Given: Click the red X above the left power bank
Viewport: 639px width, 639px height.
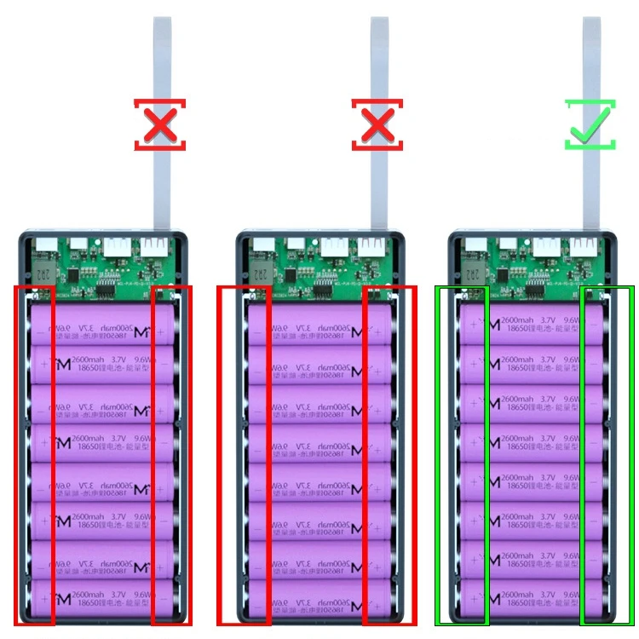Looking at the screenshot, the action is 159,125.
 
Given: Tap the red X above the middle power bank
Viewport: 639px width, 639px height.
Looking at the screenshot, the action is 376,125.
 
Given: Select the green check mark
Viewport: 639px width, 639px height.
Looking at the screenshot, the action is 589,125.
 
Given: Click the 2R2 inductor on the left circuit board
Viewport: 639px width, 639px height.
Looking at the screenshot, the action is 43,273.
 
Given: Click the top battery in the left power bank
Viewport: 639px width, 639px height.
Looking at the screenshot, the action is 103,325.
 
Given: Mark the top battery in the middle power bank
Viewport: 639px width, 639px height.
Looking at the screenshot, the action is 317,325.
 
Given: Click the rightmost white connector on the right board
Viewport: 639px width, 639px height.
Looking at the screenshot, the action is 583,247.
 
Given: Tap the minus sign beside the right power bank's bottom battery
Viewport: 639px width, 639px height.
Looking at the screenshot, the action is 594,599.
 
